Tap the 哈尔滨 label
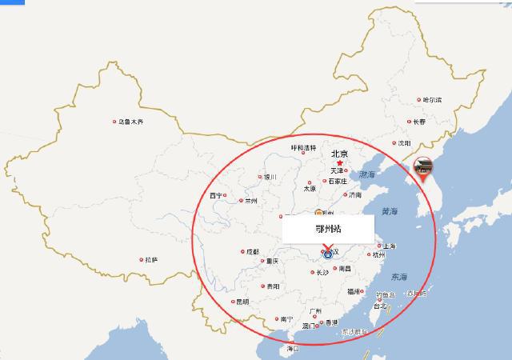[x=432, y=100]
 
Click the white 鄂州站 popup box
[x=329, y=228]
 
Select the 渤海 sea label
[x=366, y=174]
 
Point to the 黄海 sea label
[x=389, y=212]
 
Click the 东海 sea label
[x=398, y=277]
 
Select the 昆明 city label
[x=241, y=302]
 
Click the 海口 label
[x=293, y=349]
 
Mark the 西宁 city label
[x=216, y=195]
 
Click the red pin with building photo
[x=422, y=166]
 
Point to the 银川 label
[x=270, y=177]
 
